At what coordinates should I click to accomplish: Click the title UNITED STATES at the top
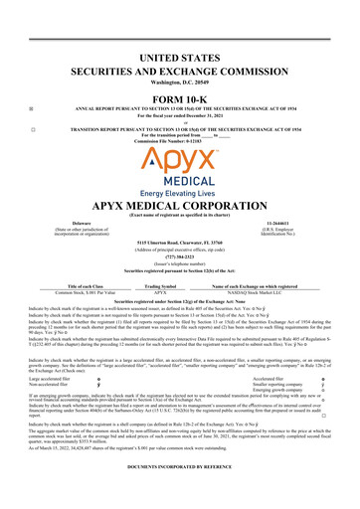(180, 60)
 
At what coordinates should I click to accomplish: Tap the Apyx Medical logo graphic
(180, 158)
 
